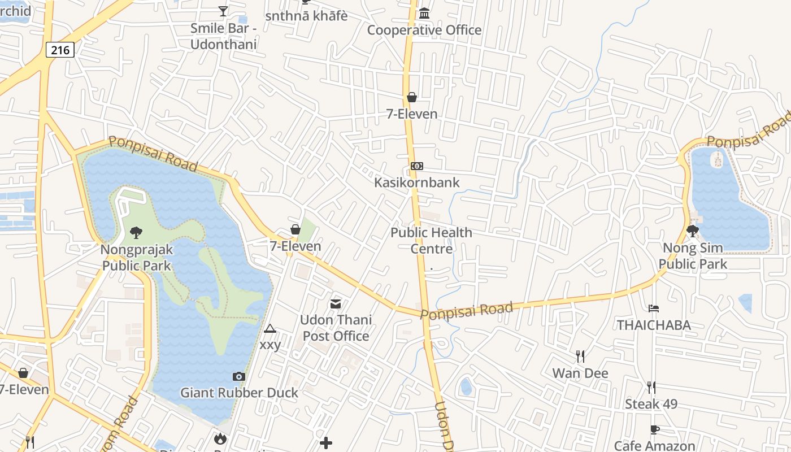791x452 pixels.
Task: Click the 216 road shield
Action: (60, 50)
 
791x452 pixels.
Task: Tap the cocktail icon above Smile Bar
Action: (223, 11)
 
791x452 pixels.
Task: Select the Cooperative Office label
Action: (424, 30)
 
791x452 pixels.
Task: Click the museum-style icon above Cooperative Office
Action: (424, 13)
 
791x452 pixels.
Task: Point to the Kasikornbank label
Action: (417, 182)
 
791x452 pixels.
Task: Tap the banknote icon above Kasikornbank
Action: (417, 166)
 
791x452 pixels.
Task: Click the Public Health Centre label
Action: (431, 241)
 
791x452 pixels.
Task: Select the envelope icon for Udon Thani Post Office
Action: (336, 304)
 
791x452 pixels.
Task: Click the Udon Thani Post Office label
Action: (336, 328)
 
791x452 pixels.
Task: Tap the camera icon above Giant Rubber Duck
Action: (238, 376)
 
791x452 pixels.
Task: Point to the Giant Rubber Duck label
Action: (239, 392)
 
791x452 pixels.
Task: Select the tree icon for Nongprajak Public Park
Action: (136, 232)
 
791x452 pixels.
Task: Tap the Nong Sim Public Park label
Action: (693, 256)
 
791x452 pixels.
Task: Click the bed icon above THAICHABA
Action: (654, 308)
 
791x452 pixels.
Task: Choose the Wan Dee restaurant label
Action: (580, 373)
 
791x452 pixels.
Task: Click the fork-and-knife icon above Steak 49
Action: (651, 388)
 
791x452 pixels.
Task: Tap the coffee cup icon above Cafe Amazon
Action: (654, 429)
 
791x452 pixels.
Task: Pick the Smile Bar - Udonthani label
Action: (223, 36)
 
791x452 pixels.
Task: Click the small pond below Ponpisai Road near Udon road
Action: (466, 387)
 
